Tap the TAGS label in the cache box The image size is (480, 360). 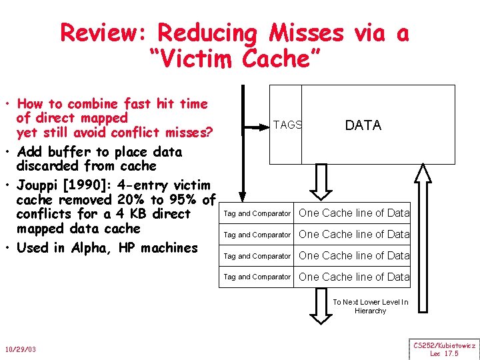point(287,125)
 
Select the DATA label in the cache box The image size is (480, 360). point(363,125)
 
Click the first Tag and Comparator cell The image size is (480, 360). point(257,213)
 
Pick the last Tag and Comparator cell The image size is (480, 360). point(257,277)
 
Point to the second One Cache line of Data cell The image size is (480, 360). point(354,234)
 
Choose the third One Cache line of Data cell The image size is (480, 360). point(354,255)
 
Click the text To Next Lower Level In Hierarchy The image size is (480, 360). point(371,306)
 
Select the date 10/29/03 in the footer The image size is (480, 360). point(21,349)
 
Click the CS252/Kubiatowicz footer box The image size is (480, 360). point(445,349)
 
